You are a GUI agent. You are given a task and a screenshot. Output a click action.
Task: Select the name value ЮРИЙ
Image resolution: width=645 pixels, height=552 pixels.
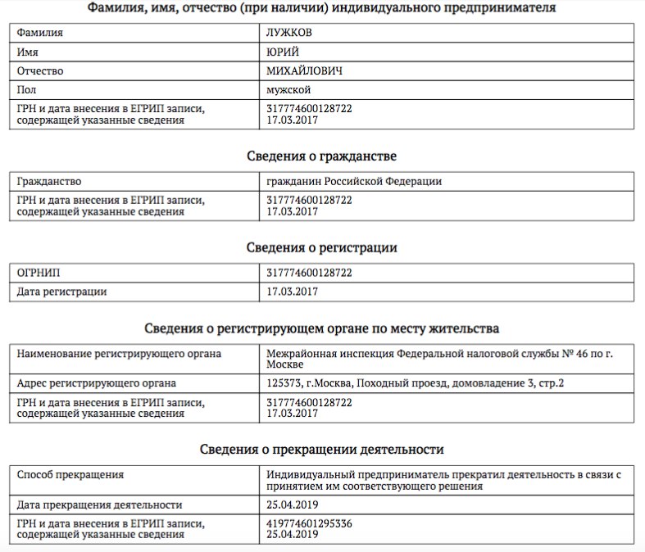283,52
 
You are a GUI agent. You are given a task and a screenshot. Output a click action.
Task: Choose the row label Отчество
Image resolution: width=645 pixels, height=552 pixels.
40,70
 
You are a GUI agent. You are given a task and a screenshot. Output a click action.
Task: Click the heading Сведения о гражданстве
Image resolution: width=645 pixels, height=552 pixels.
322,156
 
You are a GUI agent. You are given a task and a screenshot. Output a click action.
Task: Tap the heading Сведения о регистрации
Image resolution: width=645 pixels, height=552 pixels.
322,247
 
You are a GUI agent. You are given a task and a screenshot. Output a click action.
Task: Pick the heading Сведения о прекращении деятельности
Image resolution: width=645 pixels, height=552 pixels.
322,449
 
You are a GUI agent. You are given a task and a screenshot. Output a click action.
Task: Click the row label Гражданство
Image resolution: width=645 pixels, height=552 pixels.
49,181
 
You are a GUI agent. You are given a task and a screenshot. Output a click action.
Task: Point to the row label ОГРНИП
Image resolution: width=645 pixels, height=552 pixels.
39,272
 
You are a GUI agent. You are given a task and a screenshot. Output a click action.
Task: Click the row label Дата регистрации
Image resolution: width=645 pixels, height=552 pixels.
61,291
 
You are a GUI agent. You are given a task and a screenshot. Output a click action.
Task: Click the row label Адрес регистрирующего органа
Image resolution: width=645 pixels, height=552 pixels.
96,382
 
